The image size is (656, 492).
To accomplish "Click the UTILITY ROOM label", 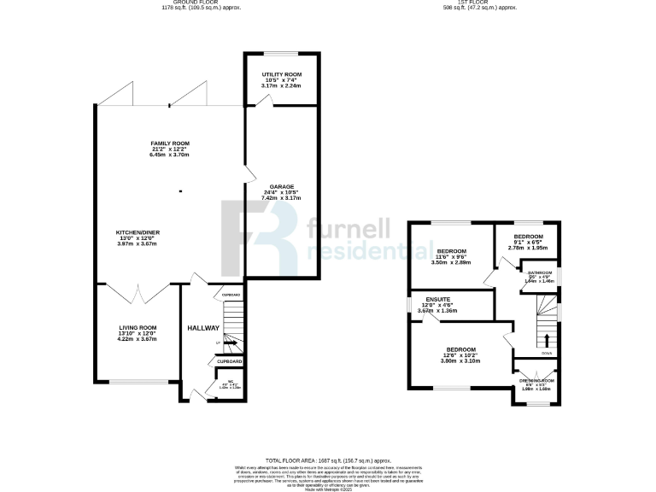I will coord(282,75).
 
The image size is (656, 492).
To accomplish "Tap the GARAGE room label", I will coord(282,186).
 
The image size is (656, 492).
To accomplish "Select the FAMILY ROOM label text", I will coord(170,143).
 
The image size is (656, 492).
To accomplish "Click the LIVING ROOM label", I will coord(138,327).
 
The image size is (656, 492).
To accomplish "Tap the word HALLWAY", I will coord(203,328).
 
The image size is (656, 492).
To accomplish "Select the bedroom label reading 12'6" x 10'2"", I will coord(460,349).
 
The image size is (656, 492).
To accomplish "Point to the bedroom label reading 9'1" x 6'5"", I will coord(528,237).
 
